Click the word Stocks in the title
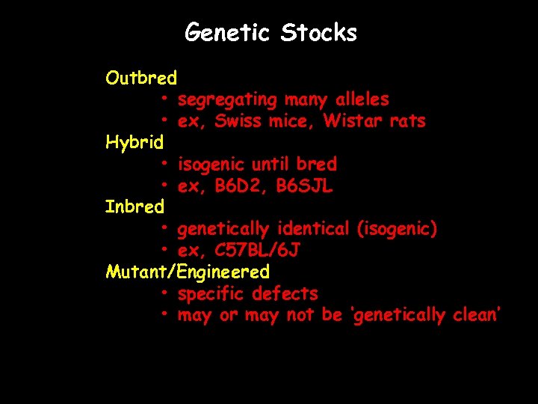point(319,33)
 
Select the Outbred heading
point(141,78)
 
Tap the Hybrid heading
point(134,142)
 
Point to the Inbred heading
point(134,206)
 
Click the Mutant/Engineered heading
point(188,271)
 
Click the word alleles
point(362,100)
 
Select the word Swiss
point(238,121)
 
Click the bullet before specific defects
point(163,293)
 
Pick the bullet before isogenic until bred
point(163,164)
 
